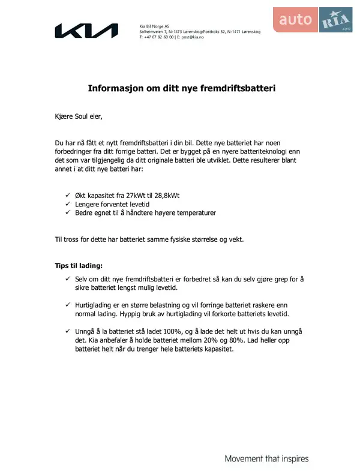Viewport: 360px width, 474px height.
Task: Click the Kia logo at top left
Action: [86, 31]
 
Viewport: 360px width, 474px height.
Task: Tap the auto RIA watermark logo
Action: [314, 20]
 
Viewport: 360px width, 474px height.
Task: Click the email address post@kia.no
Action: [191, 37]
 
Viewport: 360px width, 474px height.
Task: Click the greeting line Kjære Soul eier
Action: [79, 116]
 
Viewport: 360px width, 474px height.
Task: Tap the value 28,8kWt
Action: [166, 196]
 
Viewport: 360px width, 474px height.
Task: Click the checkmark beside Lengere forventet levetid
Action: [68, 204]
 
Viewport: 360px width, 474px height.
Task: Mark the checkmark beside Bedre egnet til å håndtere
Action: [68, 212]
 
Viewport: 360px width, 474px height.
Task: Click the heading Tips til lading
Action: [79, 265]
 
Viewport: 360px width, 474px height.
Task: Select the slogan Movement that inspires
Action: [266, 459]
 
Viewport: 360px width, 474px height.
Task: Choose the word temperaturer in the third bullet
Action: [196, 212]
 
